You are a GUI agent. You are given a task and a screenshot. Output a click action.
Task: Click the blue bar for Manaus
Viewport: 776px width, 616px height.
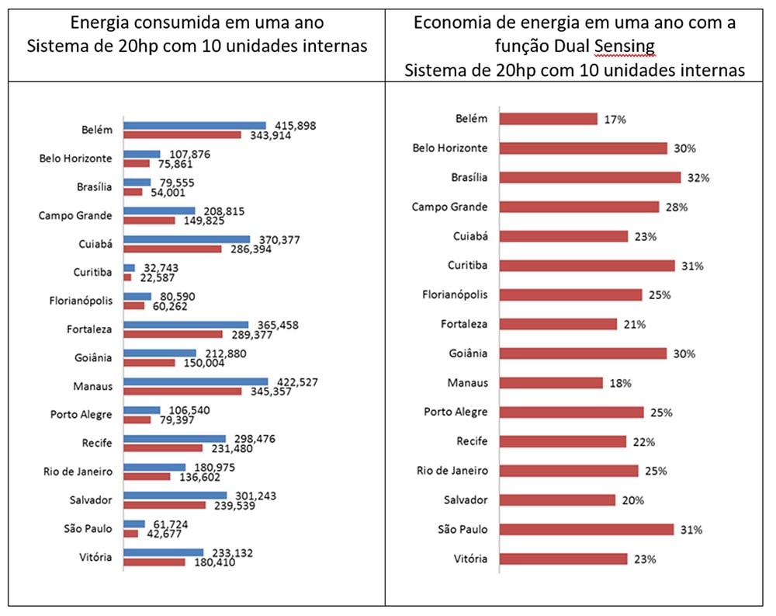click(196, 381)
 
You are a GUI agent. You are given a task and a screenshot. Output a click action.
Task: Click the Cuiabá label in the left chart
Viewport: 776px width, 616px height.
click(96, 244)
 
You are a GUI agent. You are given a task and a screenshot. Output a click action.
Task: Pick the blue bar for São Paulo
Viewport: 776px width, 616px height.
click(134, 524)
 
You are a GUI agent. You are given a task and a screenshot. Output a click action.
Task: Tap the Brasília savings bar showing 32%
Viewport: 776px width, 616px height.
click(590, 178)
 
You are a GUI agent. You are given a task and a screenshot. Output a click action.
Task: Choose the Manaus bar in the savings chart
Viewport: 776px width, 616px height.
click(551, 383)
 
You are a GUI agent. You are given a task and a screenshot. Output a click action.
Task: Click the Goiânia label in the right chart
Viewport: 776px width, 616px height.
click(468, 353)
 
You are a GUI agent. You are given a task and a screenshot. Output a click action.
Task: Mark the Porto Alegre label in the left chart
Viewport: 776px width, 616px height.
click(81, 415)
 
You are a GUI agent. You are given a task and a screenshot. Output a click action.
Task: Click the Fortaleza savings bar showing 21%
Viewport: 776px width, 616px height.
click(558, 324)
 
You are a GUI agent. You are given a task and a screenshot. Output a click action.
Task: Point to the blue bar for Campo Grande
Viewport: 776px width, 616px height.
click(159, 211)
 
